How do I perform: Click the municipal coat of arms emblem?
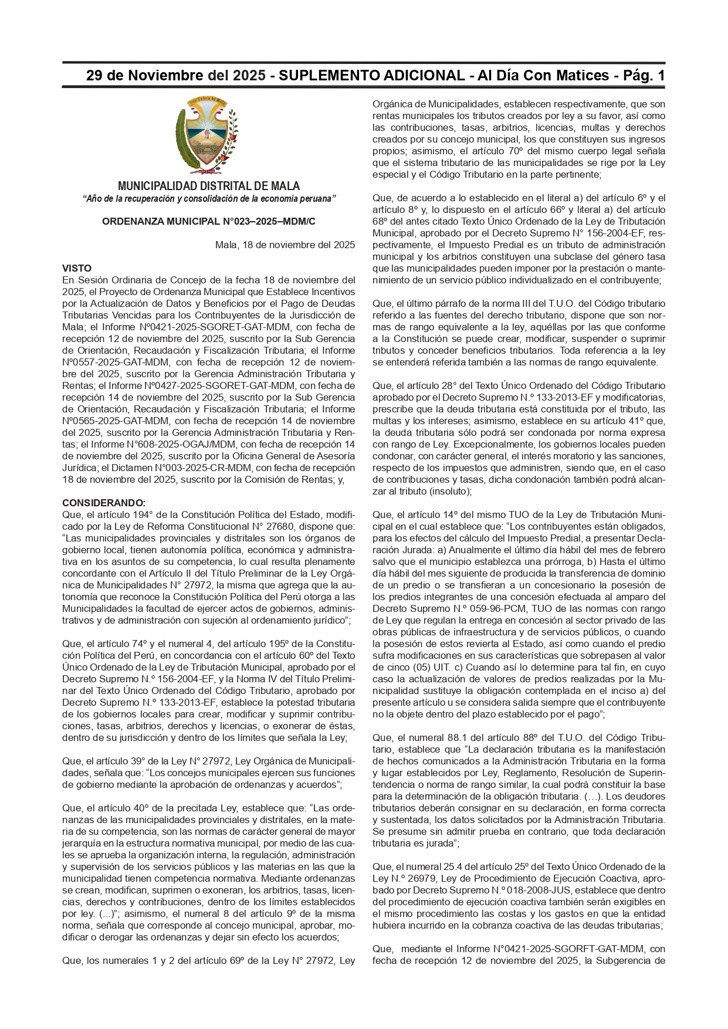pyautogui.click(x=208, y=136)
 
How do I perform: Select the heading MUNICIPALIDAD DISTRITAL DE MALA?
pyautogui.click(x=209, y=186)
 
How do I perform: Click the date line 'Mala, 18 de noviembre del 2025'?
pyautogui.click(x=285, y=245)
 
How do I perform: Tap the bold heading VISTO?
pyautogui.click(x=77, y=268)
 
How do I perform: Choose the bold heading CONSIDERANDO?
pyautogui.click(x=104, y=503)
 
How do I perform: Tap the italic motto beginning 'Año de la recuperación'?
pyautogui.click(x=209, y=199)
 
